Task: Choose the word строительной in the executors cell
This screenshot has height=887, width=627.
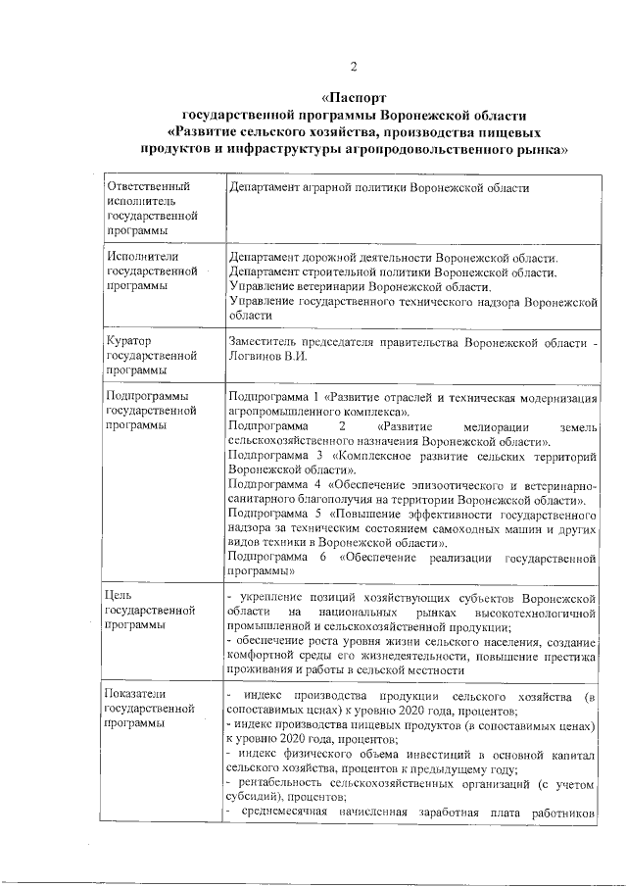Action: [342, 271]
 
